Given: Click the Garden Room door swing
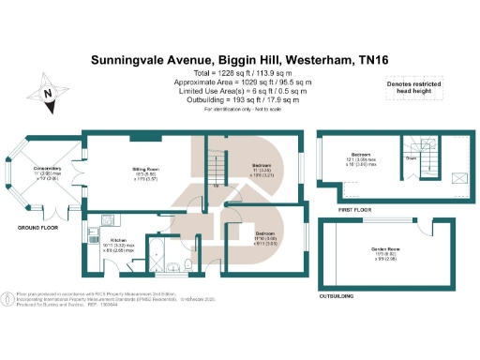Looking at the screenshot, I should (427, 229).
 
